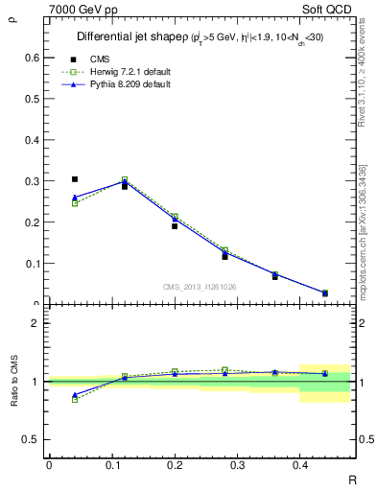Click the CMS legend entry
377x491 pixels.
point(99,58)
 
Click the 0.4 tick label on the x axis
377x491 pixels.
point(299,465)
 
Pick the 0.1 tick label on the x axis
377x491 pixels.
point(111,465)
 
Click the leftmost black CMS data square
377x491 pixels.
point(75,179)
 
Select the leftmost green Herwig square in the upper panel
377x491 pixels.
point(75,203)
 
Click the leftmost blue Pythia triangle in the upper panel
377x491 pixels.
point(75,197)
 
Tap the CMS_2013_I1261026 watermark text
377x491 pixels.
point(200,287)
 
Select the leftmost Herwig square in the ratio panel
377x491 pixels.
point(75,399)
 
